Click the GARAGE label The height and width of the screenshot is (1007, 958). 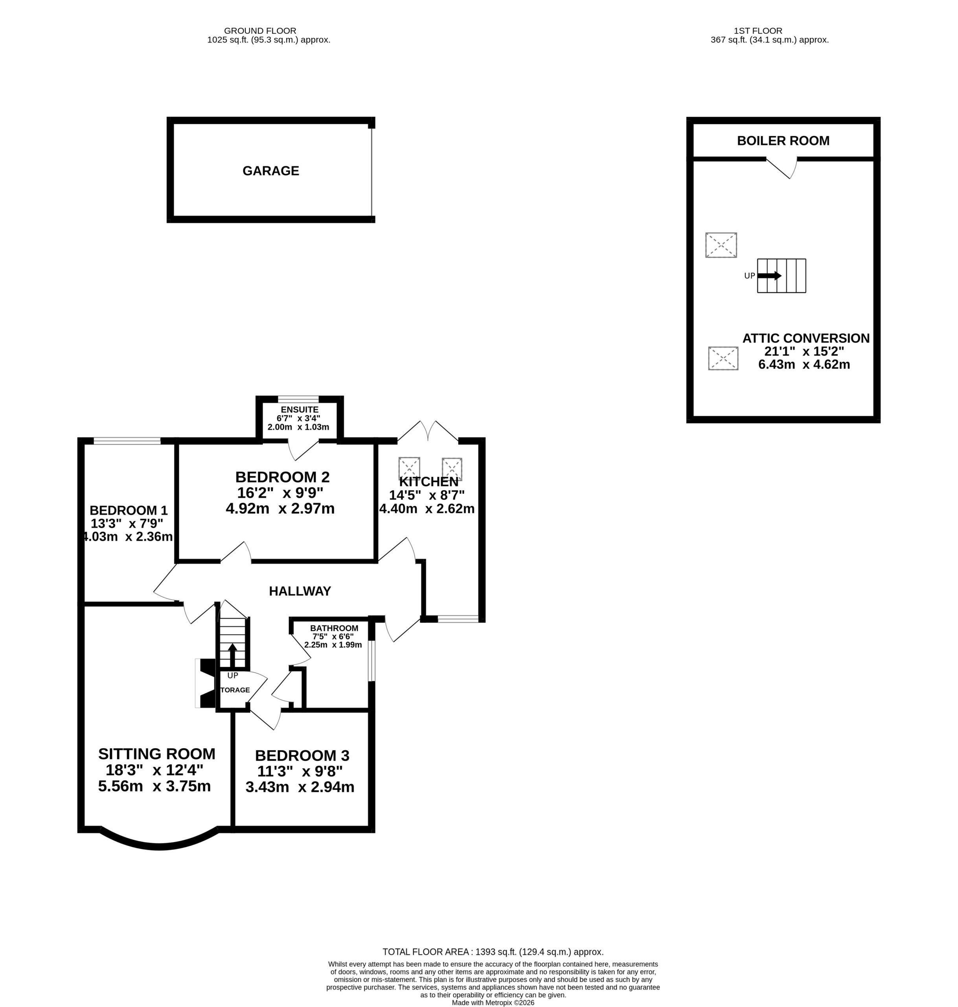click(270, 171)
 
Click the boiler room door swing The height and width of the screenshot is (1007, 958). click(782, 169)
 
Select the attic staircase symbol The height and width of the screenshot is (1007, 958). click(781, 275)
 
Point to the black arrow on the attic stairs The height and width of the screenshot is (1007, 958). click(769, 275)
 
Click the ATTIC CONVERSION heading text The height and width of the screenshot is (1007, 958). click(806, 338)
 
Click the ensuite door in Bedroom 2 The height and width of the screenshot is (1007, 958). click(303, 450)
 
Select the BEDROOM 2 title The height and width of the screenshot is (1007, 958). click(282, 477)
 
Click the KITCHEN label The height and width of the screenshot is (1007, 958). click(428, 482)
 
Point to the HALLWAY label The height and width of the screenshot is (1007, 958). click(300, 591)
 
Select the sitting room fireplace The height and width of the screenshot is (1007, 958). click(205, 683)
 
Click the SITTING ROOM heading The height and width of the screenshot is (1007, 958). click(157, 754)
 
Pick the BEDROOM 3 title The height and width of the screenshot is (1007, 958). click(302, 756)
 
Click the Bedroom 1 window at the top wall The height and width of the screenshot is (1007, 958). click(127, 441)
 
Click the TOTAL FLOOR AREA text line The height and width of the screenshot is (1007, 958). click(493, 952)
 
